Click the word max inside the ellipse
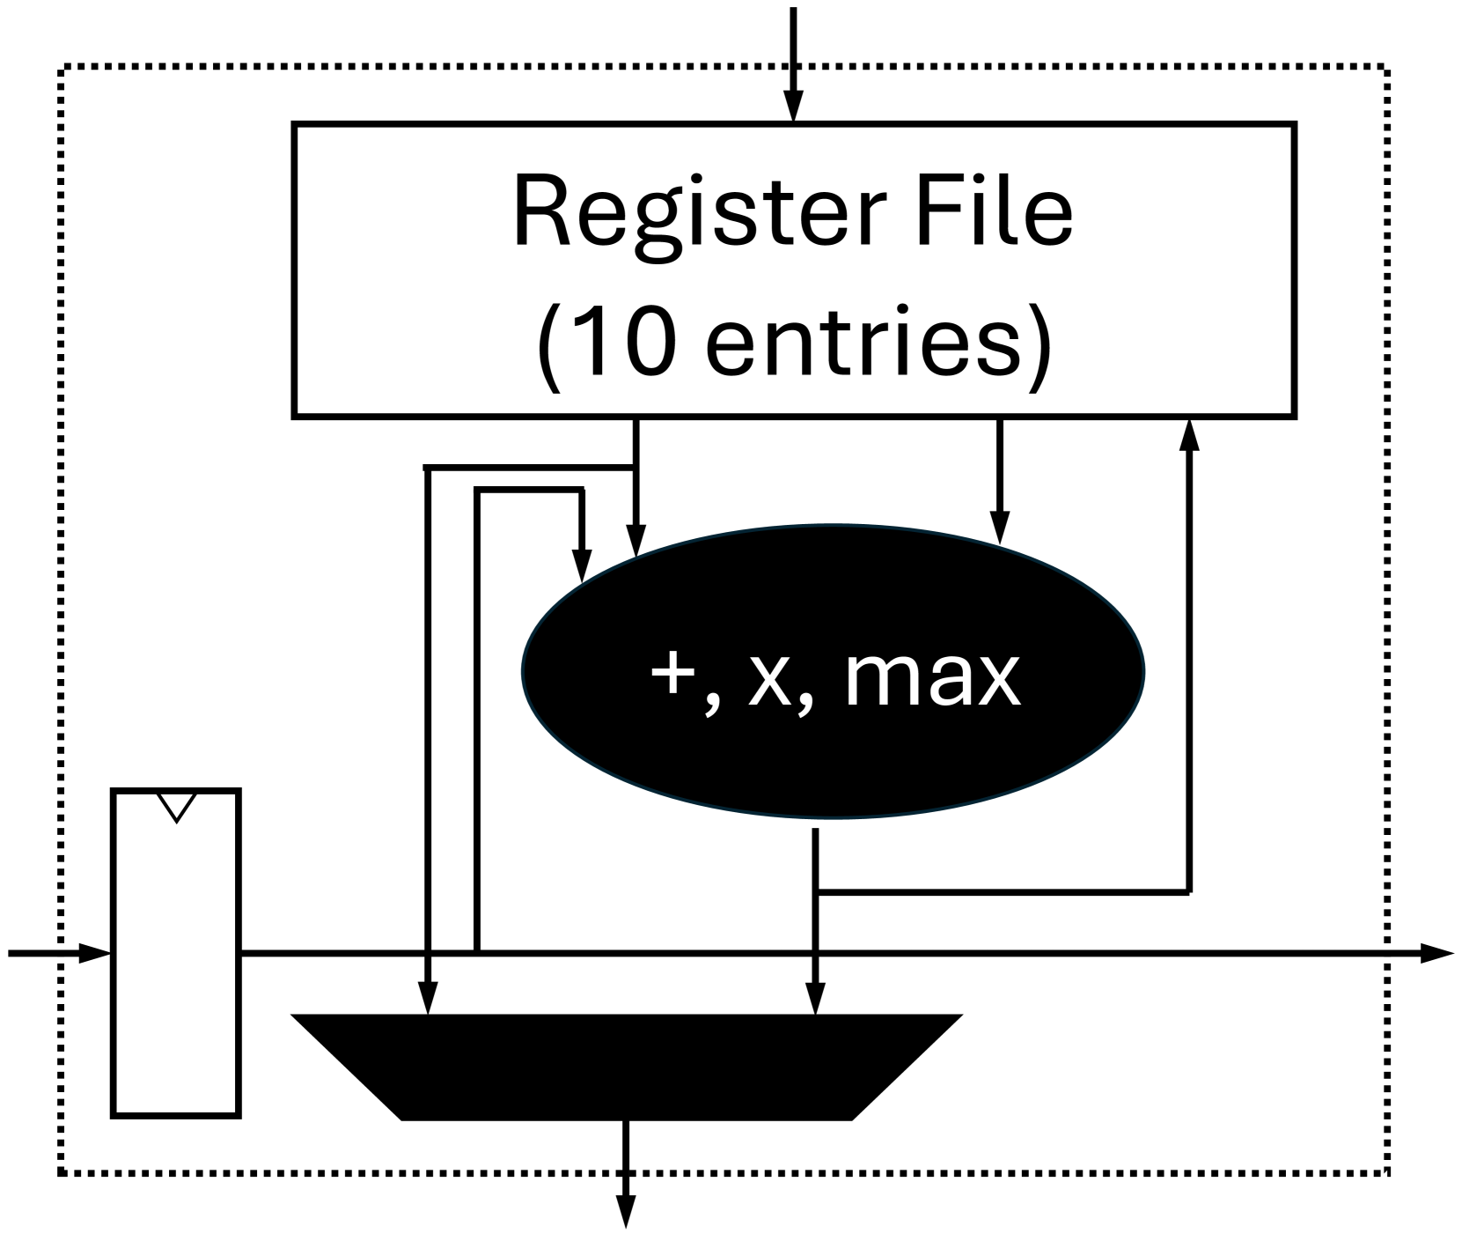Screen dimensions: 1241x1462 pyautogui.click(x=932, y=679)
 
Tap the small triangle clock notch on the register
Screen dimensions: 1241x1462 pyautogui.click(x=176, y=804)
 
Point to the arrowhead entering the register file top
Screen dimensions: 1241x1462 pyautogui.click(x=793, y=107)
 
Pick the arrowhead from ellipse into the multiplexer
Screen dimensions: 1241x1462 pyautogui.click(x=817, y=1000)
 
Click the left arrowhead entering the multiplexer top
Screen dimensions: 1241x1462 pyautogui.click(x=427, y=1000)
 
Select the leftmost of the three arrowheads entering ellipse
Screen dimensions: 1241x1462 pyautogui.click(x=580, y=565)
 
